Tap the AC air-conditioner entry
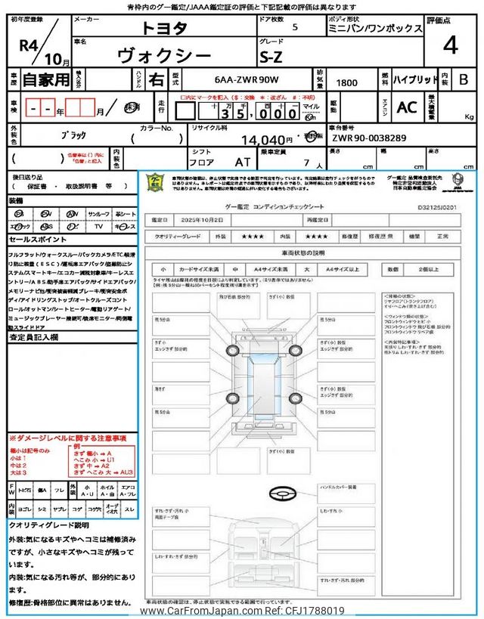coord(407,107)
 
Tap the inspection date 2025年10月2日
coord(202,220)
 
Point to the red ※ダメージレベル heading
coord(68,438)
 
